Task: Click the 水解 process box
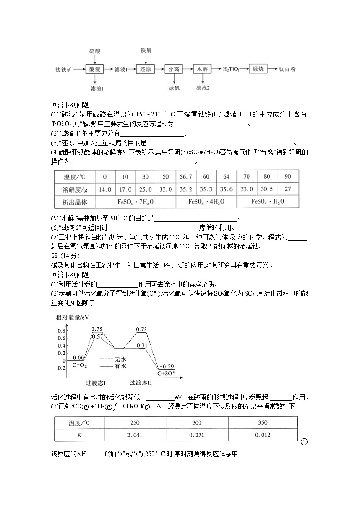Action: pyautogui.click(x=202, y=69)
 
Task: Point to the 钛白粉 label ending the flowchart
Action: pyautogui.click(x=287, y=69)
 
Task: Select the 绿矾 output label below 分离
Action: pyautogui.click(x=174, y=87)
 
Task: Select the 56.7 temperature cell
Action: pyautogui.click(x=186, y=177)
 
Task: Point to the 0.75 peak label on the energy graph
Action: pyautogui.click(x=97, y=330)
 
